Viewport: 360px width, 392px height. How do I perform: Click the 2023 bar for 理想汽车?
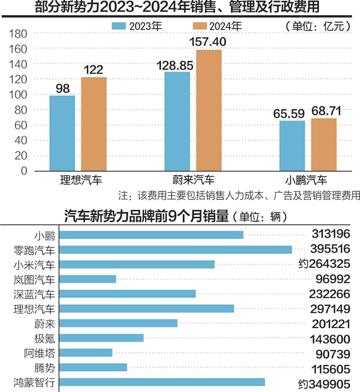tap(61, 133)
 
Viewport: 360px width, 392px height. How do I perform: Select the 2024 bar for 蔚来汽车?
tap(209, 111)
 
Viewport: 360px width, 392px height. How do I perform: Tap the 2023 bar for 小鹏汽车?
tap(292, 146)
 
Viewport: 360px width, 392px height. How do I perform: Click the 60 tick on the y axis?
tap(22, 125)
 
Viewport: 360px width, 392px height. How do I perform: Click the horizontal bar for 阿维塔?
tap(86, 353)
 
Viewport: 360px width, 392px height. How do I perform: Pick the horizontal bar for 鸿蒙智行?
tap(162, 382)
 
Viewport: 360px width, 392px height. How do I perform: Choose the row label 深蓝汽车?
tap(35, 294)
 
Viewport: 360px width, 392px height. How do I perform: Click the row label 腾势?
tap(44, 367)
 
